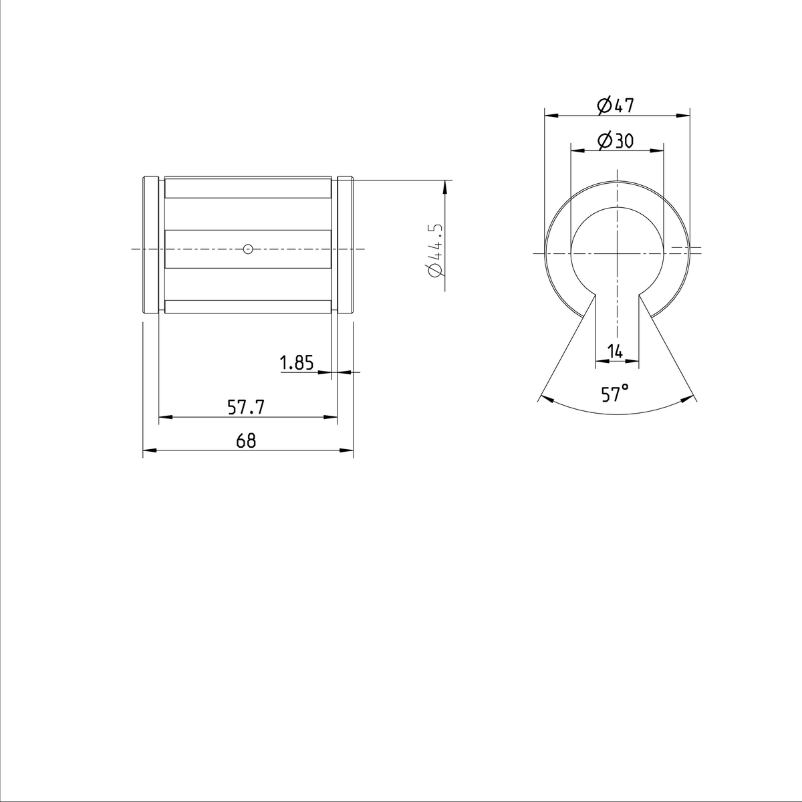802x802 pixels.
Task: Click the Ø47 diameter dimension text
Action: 616,105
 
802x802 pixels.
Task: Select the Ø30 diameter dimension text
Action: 616,140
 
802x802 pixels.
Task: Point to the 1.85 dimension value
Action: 297,363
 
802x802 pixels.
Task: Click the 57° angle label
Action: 616,394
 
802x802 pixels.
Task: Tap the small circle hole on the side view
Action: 248,249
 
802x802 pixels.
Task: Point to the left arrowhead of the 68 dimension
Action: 148,451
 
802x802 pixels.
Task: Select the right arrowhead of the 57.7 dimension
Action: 331,418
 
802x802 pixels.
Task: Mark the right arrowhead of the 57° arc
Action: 688,399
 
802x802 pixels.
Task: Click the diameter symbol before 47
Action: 603,105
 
